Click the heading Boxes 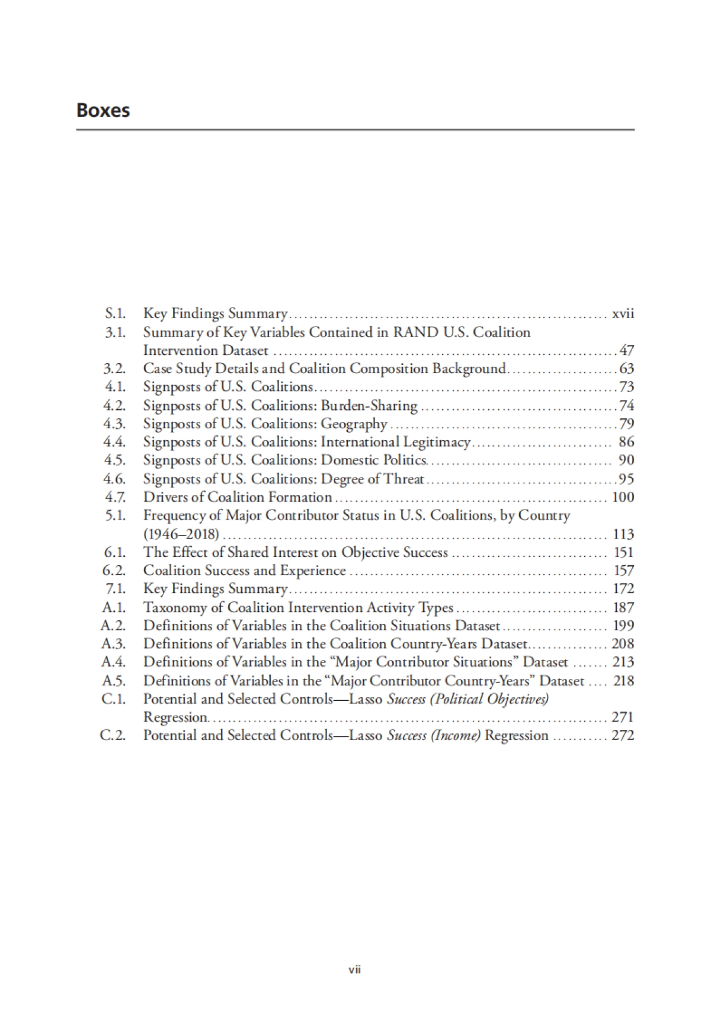[x=103, y=111]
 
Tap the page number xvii [x=623, y=313]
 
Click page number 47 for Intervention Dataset [x=626, y=350]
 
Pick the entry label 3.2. [x=115, y=368]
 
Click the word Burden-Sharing [x=369, y=405]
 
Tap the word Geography [x=354, y=424]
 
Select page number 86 [x=626, y=442]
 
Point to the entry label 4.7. [x=115, y=497]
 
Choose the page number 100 [x=623, y=497]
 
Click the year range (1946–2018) [x=181, y=534]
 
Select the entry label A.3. [x=114, y=644]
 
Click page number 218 [x=623, y=681]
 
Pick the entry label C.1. [x=114, y=699]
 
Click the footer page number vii [x=355, y=970]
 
